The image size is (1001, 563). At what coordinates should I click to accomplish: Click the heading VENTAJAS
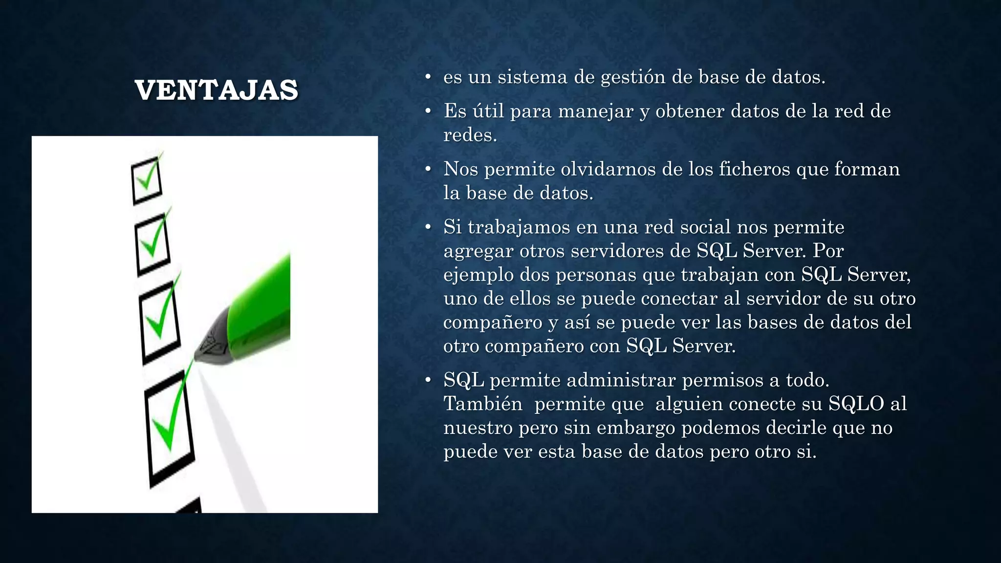click(x=216, y=90)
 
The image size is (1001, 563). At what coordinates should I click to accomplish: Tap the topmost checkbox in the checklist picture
click(x=147, y=180)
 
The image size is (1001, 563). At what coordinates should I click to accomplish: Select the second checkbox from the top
click(x=153, y=245)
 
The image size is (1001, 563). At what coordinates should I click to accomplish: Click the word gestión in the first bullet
click(x=632, y=77)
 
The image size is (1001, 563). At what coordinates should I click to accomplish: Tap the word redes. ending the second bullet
click(x=470, y=135)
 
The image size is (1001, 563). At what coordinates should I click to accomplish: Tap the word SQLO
click(x=856, y=404)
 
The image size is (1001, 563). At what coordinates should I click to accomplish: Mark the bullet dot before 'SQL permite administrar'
click(x=428, y=380)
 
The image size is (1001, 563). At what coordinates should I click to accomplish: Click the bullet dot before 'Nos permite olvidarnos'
click(x=428, y=170)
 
